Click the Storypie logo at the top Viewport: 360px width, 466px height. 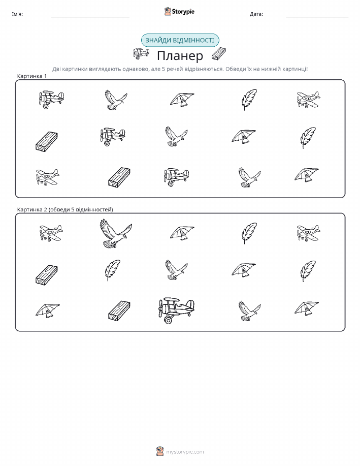[179, 12]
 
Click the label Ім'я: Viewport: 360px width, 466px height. [17, 14]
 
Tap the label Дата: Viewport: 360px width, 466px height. [256, 14]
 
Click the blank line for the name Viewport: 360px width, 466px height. [90, 17]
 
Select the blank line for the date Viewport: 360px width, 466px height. [317, 17]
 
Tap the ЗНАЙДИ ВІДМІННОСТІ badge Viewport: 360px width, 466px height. [180, 41]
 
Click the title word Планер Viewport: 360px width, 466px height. [180, 55]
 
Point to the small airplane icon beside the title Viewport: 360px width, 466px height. [141, 53]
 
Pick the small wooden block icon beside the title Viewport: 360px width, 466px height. [219, 54]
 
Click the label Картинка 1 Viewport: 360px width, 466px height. [32, 76]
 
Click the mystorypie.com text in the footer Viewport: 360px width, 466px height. [185, 452]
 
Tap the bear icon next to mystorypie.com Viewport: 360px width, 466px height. [160, 451]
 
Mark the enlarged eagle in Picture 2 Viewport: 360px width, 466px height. [116, 233]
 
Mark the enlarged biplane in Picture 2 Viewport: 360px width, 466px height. [176, 310]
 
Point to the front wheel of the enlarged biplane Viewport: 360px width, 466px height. [168, 320]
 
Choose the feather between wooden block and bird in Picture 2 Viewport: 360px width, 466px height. [112, 270]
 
